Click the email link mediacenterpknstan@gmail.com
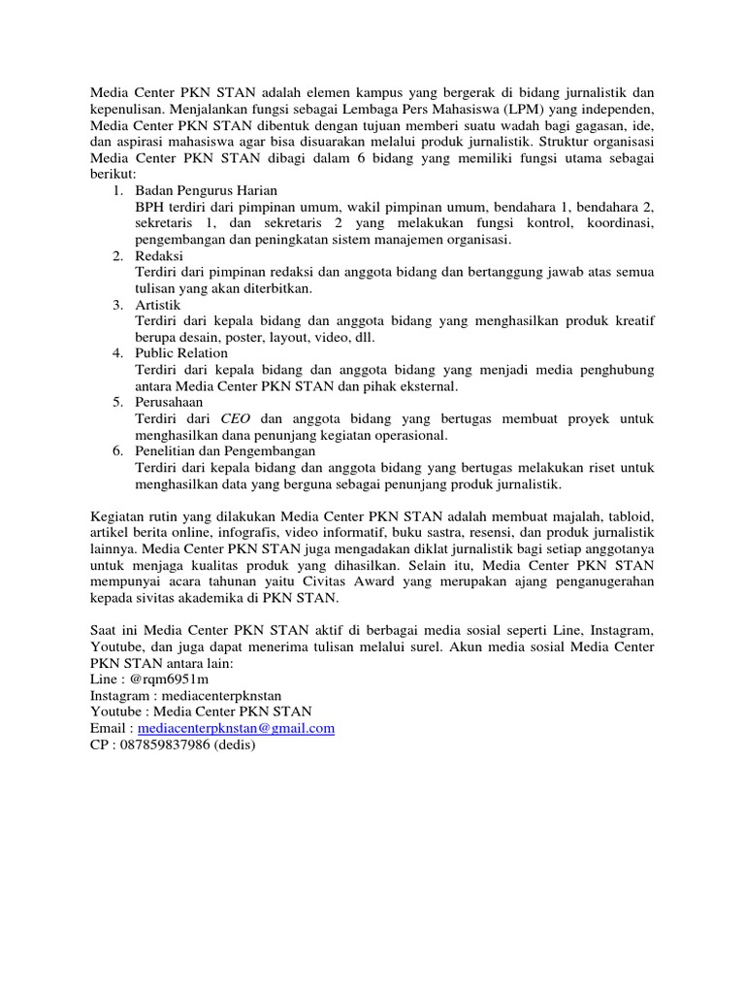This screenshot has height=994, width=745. point(237,728)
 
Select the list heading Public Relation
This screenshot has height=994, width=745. point(181,353)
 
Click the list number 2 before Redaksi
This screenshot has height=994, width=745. point(116,255)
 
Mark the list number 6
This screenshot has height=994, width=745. point(116,451)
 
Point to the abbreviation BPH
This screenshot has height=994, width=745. point(151,207)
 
